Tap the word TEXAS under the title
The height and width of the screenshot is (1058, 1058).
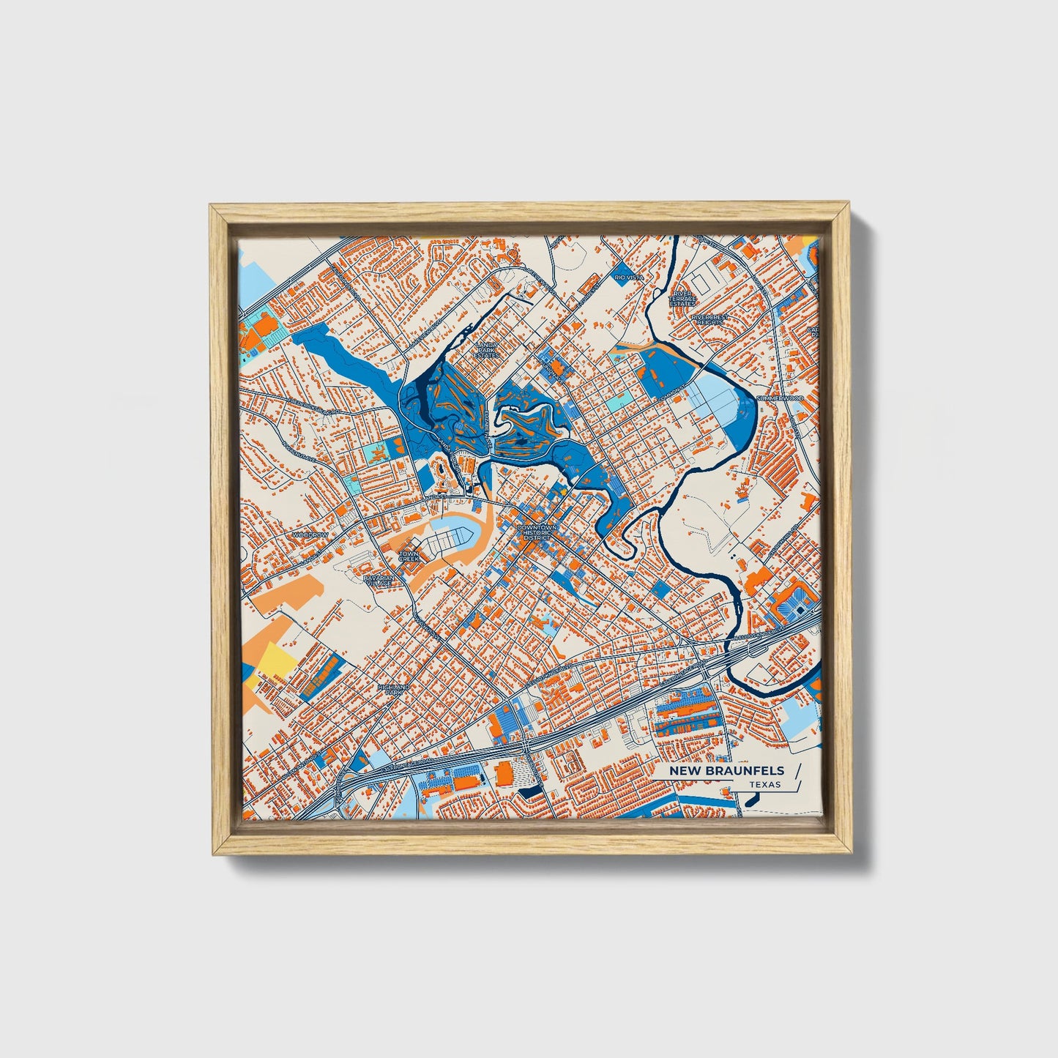click(x=764, y=784)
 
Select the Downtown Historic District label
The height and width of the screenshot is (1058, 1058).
click(x=536, y=532)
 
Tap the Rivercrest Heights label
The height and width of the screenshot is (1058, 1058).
click(x=707, y=320)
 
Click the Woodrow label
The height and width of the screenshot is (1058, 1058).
click(x=310, y=535)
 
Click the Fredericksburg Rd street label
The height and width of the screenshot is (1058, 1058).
click(x=311, y=406)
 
